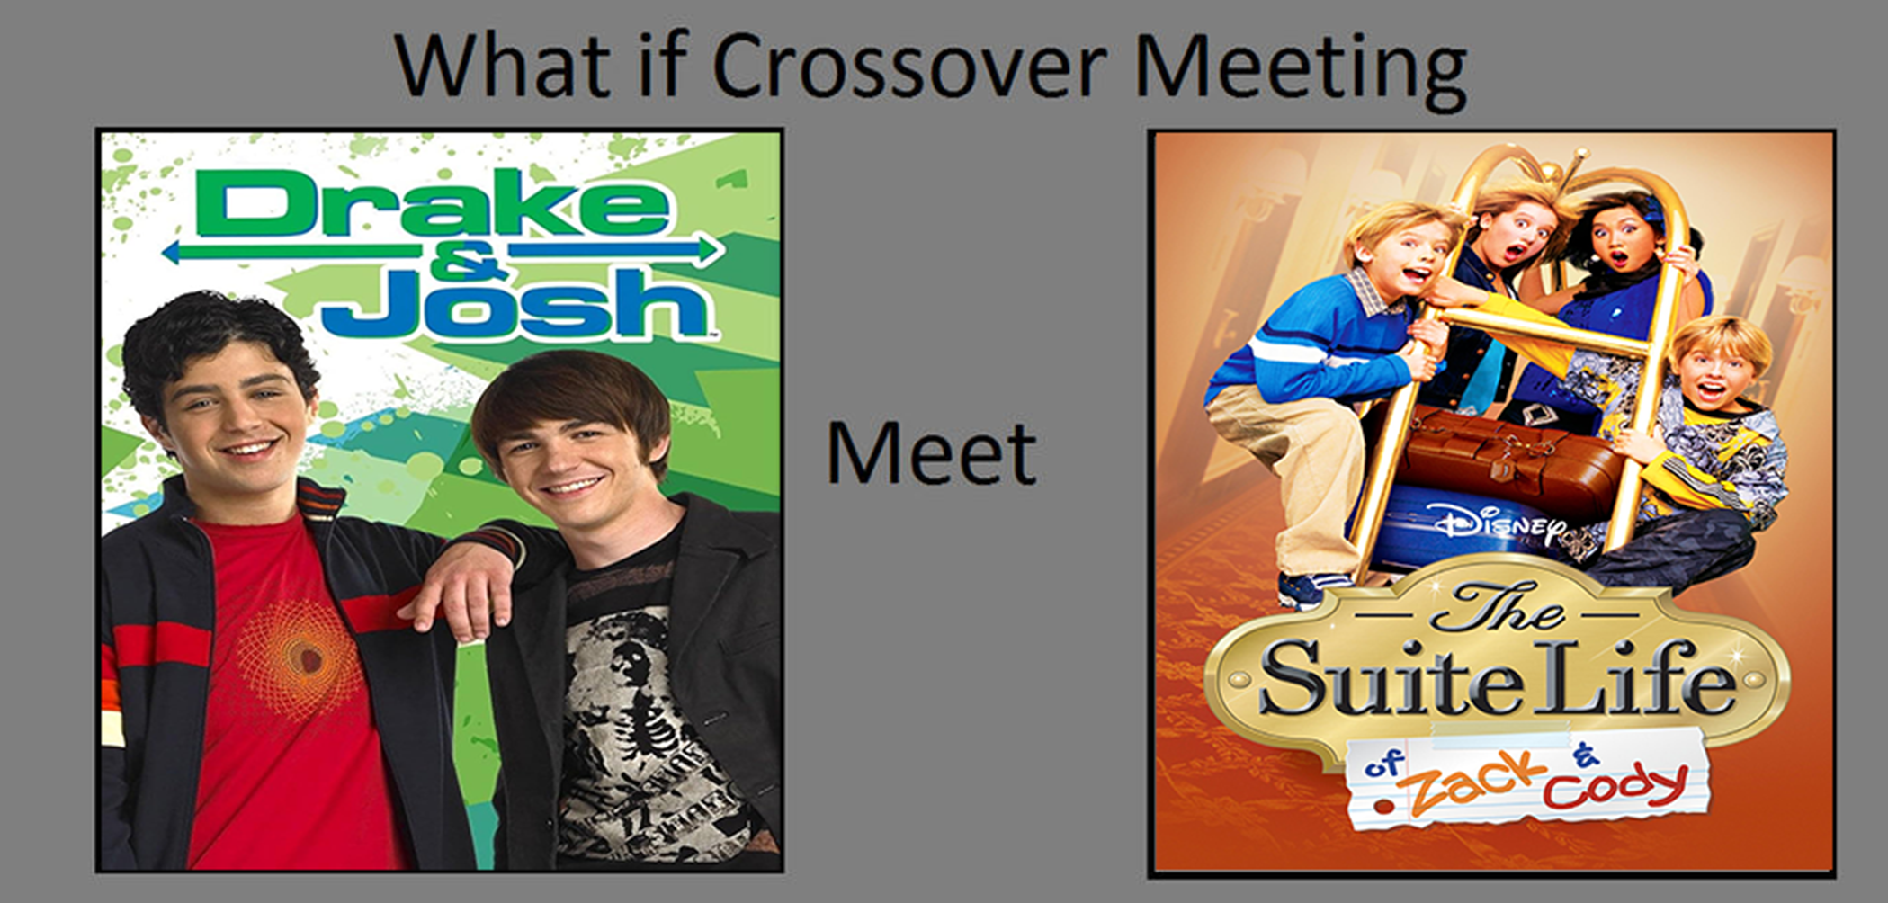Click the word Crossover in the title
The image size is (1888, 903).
[x=908, y=67]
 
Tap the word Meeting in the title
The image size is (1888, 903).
[x=1301, y=72]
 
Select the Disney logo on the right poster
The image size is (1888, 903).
[x=1501, y=526]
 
